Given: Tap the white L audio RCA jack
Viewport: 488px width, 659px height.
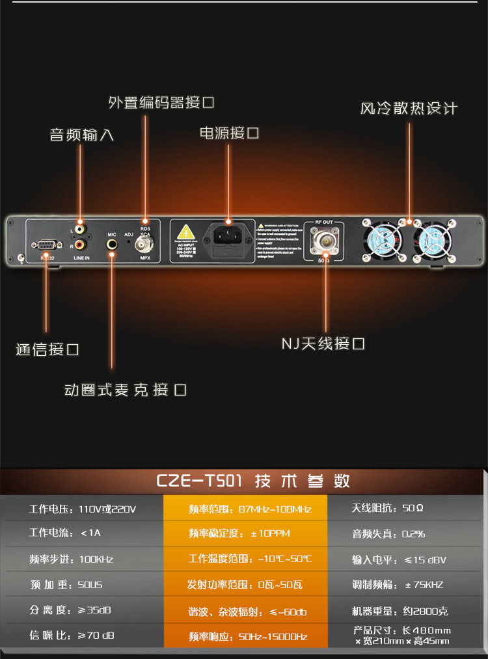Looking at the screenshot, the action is tap(81, 229).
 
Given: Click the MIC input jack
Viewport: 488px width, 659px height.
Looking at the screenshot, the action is tap(112, 245).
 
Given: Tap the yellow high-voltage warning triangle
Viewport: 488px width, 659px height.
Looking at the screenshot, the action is tap(186, 232).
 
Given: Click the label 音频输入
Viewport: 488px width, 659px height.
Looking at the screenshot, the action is tap(82, 135).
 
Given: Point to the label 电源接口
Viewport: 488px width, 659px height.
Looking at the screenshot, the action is tap(229, 133).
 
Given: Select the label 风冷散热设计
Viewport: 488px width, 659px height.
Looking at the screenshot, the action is tap(409, 108).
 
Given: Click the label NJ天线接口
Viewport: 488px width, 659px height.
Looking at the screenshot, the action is tap(323, 343).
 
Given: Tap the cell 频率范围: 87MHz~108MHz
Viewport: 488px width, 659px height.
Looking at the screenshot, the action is tap(250, 509).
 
